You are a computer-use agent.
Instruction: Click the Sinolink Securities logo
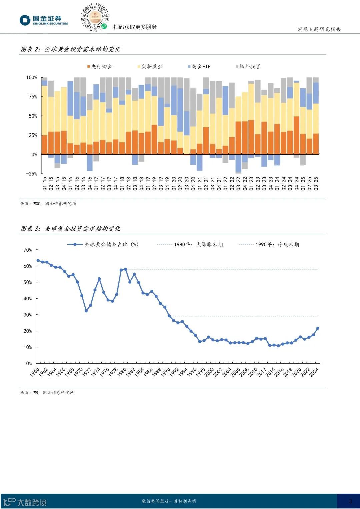[44, 20]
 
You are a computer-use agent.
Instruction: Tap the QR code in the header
[95, 17]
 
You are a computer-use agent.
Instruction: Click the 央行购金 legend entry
[100, 67]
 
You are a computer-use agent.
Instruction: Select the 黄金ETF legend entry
[199, 67]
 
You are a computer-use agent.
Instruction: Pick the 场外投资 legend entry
[248, 67]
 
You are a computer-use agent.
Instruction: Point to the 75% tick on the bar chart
[32, 97]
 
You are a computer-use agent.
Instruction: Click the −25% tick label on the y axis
[32, 174]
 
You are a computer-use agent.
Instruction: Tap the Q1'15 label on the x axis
[45, 184]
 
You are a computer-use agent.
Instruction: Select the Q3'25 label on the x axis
[316, 184]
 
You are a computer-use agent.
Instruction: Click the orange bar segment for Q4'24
[296, 135]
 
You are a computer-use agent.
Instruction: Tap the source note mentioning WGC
[48, 204]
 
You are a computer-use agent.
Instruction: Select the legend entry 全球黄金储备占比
[103, 244]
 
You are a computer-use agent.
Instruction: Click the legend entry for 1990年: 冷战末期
[269, 244]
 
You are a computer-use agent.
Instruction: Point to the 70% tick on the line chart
[28, 250]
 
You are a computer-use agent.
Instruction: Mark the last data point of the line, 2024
[318, 328]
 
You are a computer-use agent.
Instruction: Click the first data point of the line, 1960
[38, 260]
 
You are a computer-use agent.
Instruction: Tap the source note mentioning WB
[47, 393]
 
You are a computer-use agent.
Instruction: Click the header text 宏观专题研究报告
[319, 29]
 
